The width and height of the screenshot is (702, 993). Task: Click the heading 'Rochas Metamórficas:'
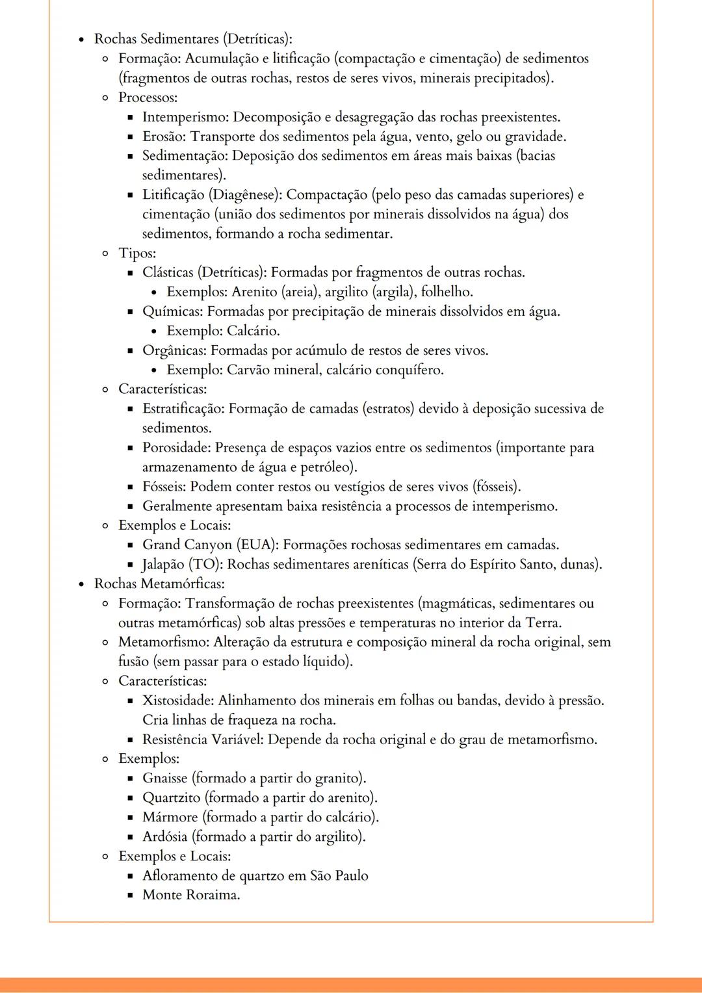(159, 584)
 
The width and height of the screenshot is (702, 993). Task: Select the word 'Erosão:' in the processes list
(164, 136)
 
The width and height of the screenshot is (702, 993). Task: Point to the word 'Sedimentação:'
(185, 156)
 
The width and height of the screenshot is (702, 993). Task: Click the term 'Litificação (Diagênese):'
(212, 195)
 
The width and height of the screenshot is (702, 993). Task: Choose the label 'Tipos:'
(137, 253)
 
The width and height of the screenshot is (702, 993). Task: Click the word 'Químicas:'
(172, 311)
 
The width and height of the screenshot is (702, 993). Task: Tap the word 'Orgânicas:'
(174, 350)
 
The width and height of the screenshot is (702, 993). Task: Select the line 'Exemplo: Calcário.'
(223, 331)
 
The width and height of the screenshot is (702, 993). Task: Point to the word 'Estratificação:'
(183, 409)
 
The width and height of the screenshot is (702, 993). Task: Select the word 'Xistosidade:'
(177, 701)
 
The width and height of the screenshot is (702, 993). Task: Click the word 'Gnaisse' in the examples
(165, 778)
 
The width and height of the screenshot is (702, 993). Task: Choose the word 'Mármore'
(170, 817)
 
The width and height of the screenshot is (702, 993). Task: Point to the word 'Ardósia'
(165, 836)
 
